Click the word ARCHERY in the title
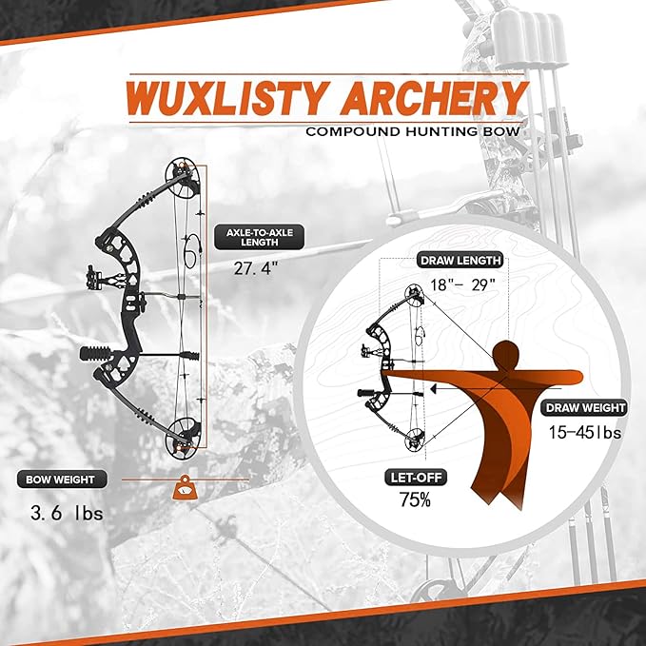pyautogui.click(x=434, y=98)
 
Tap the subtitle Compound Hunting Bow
pyautogui.click(x=413, y=132)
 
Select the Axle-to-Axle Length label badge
pyautogui.click(x=259, y=237)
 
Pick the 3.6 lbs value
pyautogui.click(x=67, y=514)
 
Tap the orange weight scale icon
pyautogui.click(x=185, y=488)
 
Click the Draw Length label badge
pyautogui.click(x=460, y=261)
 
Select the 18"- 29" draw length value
pyautogui.click(x=462, y=284)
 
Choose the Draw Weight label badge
pyautogui.click(x=585, y=408)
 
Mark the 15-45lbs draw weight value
pyautogui.click(x=584, y=433)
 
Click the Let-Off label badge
pyautogui.click(x=415, y=478)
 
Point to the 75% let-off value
pyautogui.click(x=415, y=499)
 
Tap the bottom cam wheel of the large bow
pyautogui.click(x=183, y=440)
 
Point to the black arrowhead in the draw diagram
pyautogui.click(x=433, y=388)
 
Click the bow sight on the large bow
pyautogui.click(x=95, y=277)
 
